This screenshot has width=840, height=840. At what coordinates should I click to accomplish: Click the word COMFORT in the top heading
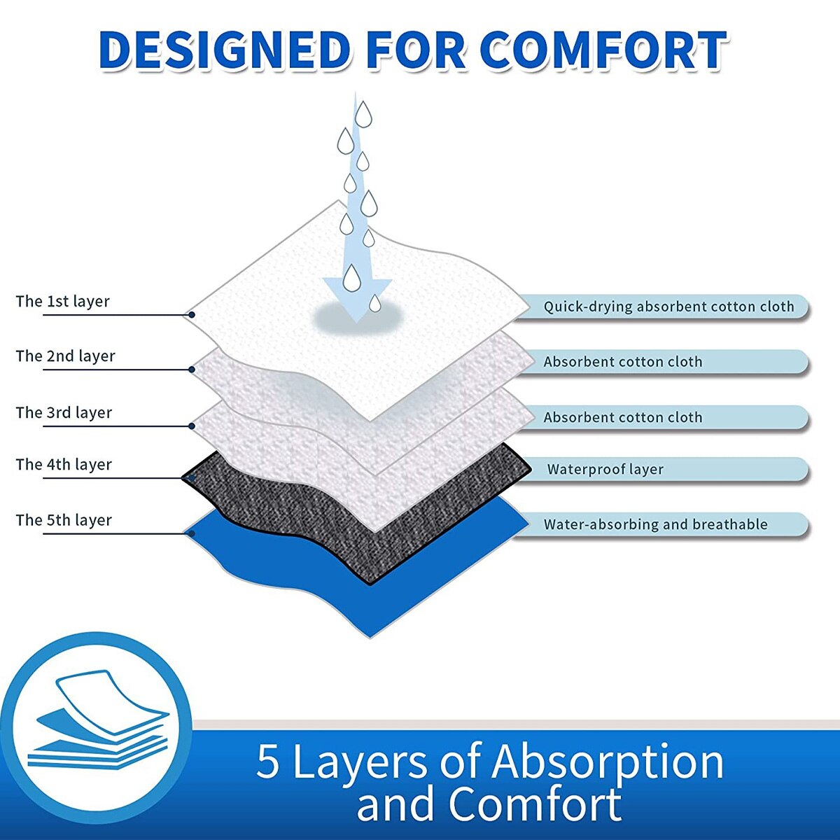[x=603, y=50]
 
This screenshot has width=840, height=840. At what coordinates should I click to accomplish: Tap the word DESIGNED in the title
[x=224, y=50]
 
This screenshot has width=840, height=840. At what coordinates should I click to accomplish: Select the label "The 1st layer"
[x=63, y=302]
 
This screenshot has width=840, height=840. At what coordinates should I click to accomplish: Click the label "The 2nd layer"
[x=66, y=356]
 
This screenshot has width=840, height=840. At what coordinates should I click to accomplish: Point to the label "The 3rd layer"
[x=64, y=413]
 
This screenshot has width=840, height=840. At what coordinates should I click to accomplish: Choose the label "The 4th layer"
[x=64, y=465]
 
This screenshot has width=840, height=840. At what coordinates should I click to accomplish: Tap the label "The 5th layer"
[x=64, y=521]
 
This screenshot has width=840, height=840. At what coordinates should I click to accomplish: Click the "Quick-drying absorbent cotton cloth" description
[x=668, y=307]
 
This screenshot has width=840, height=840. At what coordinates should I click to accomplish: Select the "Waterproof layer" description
[x=605, y=470]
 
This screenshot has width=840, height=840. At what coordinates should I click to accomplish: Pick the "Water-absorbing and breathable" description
[x=655, y=524]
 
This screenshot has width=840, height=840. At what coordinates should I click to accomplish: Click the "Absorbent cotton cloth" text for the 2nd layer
[x=622, y=362]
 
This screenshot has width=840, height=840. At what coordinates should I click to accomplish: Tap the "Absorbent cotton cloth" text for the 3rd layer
[x=622, y=418]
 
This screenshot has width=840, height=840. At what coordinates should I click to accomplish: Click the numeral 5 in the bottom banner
[x=267, y=762]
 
